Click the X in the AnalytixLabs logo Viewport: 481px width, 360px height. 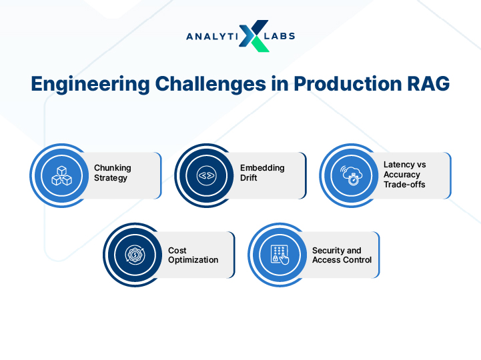pos(254,36)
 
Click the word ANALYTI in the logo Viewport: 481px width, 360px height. pos(212,37)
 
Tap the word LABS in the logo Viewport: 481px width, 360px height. pos(280,36)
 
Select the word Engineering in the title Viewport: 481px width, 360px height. pos(91,84)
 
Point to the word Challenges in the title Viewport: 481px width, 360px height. pos(211,83)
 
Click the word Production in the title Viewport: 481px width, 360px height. pos(348,83)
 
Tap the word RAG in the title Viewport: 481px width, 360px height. pos(428,83)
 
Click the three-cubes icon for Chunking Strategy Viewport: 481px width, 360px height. pos(61,176)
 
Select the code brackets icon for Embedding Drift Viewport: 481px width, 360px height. pos(206,176)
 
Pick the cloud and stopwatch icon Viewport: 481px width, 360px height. pos(352,175)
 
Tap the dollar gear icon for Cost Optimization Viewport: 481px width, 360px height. pos(135,255)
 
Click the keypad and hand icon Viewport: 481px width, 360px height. pos(280,255)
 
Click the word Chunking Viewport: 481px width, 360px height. pos(113,169)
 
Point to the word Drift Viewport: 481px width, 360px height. pos(248,178)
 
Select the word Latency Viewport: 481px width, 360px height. pos(397,165)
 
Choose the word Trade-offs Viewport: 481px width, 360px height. pos(404,185)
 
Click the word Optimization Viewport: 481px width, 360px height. pos(193,261)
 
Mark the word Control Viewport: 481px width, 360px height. pos(357,260)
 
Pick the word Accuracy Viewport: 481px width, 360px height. pos(402,175)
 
